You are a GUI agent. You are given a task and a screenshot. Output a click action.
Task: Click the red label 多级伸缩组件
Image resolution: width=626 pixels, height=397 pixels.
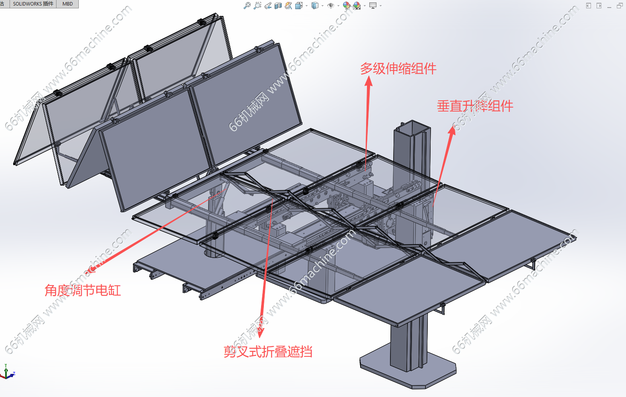[398, 68]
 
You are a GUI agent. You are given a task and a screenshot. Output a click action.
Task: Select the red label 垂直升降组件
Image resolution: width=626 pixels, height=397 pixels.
[475, 106]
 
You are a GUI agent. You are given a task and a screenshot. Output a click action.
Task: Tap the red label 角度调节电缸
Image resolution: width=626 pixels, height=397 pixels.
[82, 290]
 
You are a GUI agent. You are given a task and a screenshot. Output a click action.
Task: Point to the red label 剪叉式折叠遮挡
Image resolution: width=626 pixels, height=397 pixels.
[267, 352]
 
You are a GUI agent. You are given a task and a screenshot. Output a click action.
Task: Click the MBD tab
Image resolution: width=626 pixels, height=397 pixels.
[68, 4]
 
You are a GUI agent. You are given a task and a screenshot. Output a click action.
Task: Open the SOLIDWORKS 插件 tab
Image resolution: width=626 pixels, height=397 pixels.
[33, 4]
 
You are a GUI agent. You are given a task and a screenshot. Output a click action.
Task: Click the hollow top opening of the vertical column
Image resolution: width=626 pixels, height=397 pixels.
[411, 128]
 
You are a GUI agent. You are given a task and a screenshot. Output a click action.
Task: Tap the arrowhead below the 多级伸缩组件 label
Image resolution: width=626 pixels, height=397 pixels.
[369, 80]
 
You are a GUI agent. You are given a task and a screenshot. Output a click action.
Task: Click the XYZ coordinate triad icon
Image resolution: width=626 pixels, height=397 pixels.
[7, 372]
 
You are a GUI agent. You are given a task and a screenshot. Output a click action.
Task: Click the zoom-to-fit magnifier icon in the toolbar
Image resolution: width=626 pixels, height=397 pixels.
[247, 6]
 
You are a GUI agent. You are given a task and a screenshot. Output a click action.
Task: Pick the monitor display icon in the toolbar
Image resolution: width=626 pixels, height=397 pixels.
[373, 6]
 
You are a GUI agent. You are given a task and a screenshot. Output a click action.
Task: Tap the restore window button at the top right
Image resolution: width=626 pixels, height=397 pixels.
[620, 6]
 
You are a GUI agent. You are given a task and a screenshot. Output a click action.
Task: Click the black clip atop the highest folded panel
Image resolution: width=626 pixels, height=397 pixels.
[202, 22]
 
